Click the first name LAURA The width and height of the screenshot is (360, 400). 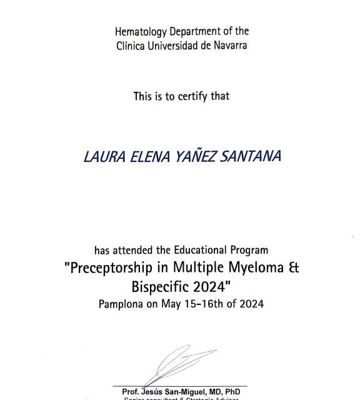click(x=101, y=156)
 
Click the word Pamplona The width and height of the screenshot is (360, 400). click(x=122, y=304)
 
